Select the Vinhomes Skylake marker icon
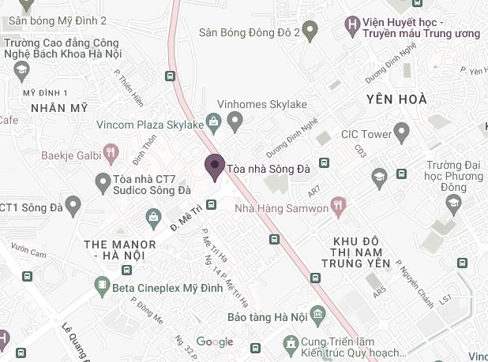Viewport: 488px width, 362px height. click(x=235, y=121)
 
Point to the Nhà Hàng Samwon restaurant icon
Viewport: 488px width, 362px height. click(x=340, y=207)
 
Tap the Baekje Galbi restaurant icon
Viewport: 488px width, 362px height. click(x=111, y=151)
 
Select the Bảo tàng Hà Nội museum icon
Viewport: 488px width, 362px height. click(x=316, y=316)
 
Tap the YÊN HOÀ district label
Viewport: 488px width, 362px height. click(x=396, y=99)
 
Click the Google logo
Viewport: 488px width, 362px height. click(x=215, y=341)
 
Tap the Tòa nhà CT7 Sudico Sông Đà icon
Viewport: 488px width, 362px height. click(x=102, y=184)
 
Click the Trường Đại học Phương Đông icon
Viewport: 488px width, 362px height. click(x=453, y=205)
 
